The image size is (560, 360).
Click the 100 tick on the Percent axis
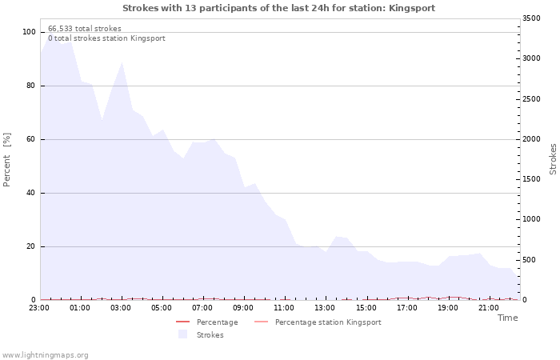(x=29, y=32)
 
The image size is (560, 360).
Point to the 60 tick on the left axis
(x=31, y=139)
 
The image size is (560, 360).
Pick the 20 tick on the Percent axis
(x=31, y=246)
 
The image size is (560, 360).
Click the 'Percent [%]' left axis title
(x=7, y=160)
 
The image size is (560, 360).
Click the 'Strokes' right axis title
(x=553, y=158)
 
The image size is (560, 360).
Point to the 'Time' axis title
(x=507, y=318)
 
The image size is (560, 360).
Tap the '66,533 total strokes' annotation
(x=85, y=29)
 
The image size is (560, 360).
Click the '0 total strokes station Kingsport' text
(x=106, y=38)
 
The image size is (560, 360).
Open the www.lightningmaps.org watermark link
(x=45, y=354)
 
